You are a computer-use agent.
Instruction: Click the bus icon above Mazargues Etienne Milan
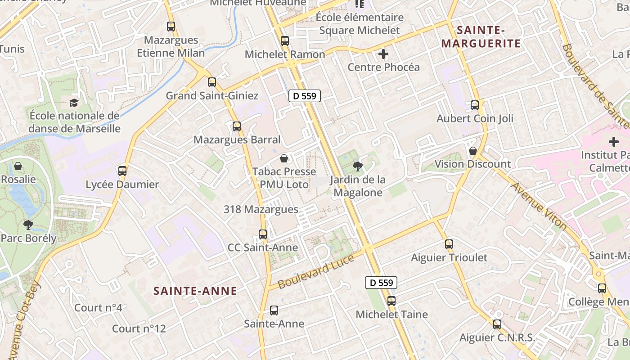pyautogui.click(x=171, y=27)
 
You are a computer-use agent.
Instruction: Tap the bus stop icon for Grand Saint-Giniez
pyautogui.click(x=212, y=82)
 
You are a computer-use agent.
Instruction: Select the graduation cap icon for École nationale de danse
pyautogui.click(x=74, y=103)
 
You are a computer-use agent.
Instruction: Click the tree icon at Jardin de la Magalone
pyautogui.click(x=358, y=167)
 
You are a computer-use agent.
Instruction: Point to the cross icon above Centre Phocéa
pyautogui.click(x=383, y=54)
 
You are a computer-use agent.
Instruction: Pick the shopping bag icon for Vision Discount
pyautogui.click(x=472, y=151)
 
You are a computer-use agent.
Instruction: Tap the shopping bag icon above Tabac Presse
pyautogui.click(x=284, y=158)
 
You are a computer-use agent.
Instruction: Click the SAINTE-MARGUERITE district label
pyautogui.click(x=481, y=37)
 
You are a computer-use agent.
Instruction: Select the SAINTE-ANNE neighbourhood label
pyautogui.click(x=195, y=291)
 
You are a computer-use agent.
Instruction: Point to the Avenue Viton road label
pyautogui.click(x=539, y=206)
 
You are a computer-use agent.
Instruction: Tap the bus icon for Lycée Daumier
pyautogui.click(x=122, y=171)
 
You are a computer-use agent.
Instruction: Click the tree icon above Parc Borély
pyautogui.click(x=28, y=224)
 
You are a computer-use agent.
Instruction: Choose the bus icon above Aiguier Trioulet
pyautogui.click(x=449, y=244)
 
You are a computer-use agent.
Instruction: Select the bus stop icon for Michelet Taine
pyautogui.click(x=391, y=301)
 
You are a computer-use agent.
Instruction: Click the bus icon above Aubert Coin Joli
pyautogui.click(x=475, y=105)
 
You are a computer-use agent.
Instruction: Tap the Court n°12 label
pyautogui.click(x=139, y=328)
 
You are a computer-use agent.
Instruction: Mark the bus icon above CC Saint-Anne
pyautogui.click(x=263, y=234)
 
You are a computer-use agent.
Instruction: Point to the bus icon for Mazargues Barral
pyautogui.click(x=237, y=126)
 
